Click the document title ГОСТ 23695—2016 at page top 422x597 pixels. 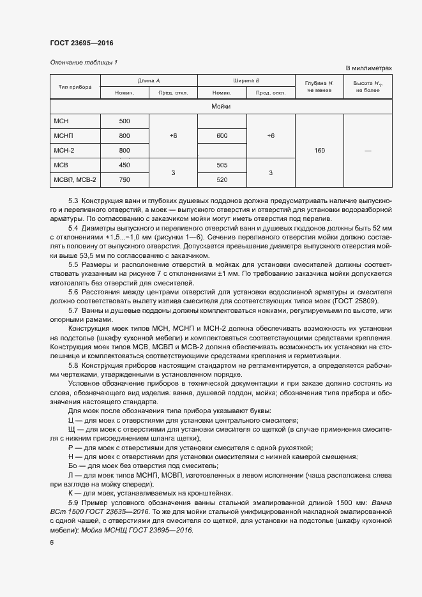pyautogui.click(x=82, y=43)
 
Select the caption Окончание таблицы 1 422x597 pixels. pyautogui.click(x=84, y=62)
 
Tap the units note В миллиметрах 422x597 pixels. pyautogui.click(x=368, y=68)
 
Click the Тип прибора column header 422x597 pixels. pyautogui.click(x=75, y=87)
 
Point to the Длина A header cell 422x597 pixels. pyautogui.click(x=149, y=81)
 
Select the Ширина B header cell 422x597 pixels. pyautogui.click(x=246, y=81)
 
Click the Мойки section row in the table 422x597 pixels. pyautogui.click(x=221, y=107)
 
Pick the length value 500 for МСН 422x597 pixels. pyautogui.click(x=124, y=121)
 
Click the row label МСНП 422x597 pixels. pyautogui.click(x=64, y=136)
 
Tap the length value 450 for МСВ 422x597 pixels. pyautogui.click(x=124, y=165)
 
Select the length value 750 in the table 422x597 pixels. pyautogui.click(x=124, y=179)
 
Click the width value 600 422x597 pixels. pyautogui.click(x=222, y=136)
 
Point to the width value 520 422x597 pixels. pyautogui.click(x=222, y=179)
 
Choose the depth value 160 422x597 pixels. pyautogui.click(x=320, y=151)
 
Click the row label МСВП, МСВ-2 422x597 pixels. pyautogui.click(x=70, y=179)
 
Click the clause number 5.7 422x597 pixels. pyautogui.click(x=73, y=310)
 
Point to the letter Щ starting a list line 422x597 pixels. pyautogui.click(x=71, y=430)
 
